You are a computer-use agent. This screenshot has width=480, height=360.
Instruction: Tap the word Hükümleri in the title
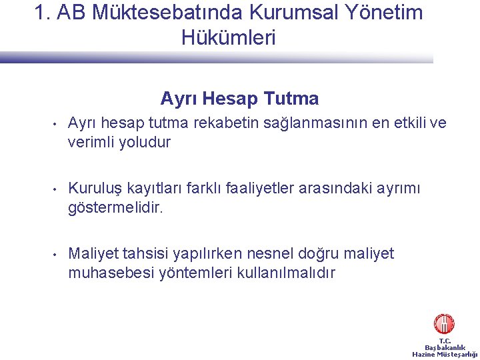pyautogui.click(x=228, y=38)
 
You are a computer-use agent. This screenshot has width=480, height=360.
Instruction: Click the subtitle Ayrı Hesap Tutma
pyautogui.click(x=239, y=99)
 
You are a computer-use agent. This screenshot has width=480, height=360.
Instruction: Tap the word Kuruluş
pyautogui.click(x=92, y=189)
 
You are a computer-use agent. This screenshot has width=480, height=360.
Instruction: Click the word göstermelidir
pyautogui.click(x=115, y=208)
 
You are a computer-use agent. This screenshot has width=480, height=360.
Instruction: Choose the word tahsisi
pyautogui.click(x=143, y=254)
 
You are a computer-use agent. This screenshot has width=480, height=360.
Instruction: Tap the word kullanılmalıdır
pyautogui.click(x=287, y=273)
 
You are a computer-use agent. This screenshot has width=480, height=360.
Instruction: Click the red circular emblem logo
pyautogui.click(x=444, y=324)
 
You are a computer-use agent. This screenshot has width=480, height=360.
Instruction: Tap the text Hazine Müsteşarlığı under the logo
pyautogui.click(x=445, y=354)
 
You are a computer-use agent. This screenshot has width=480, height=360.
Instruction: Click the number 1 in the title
pyautogui.click(x=41, y=13)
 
